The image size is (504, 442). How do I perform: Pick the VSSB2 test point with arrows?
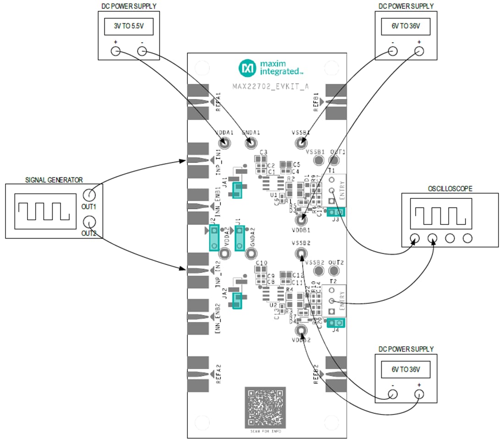301,253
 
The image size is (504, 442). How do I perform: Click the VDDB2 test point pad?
301,330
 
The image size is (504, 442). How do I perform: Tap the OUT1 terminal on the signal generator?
89,195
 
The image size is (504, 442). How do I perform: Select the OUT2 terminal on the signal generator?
89,223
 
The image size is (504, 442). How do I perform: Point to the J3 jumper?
336,212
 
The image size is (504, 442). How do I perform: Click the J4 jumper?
336,323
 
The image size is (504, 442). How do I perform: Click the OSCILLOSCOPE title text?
449,188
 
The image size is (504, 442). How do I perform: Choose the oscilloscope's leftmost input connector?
415,238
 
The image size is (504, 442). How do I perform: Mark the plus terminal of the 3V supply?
115,52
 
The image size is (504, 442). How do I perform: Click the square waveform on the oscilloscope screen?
436,215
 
